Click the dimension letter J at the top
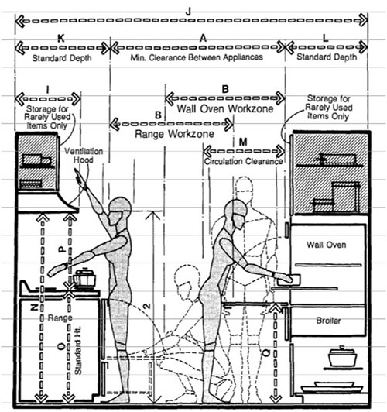pyautogui.click(x=188, y=12)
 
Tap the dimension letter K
pyautogui.click(x=61, y=39)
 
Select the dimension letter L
pyautogui.click(x=326, y=39)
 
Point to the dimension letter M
pyautogui.click(x=243, y=142)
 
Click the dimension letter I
pyautogui.click(x=47, y=90)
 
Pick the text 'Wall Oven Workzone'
pyautogui.click(x=225, y=108)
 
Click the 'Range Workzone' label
pyautogui.click(x=174, y=134)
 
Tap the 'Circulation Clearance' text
pyautogui.click(x=243, y=161)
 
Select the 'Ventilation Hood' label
pyautogui.click(x=84, y=156)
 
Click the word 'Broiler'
pyautogui.click(x=328, y=321)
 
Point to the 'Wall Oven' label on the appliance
pyautogui.click(x=327, y=245)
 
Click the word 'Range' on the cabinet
pyautogui.click(x=60, y=318)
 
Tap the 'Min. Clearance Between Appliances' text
pyautogui.click(x=197, y=57)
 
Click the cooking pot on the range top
pyautogui.click(x=84, y=278)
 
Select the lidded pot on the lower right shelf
pyautogui.click(x=342, y=356)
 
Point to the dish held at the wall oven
pyautogui.click(x=289, y=280)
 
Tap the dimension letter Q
pyautogui.click(x=266, y=352)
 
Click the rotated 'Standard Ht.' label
pyautogui.click(x=78, y=350)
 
